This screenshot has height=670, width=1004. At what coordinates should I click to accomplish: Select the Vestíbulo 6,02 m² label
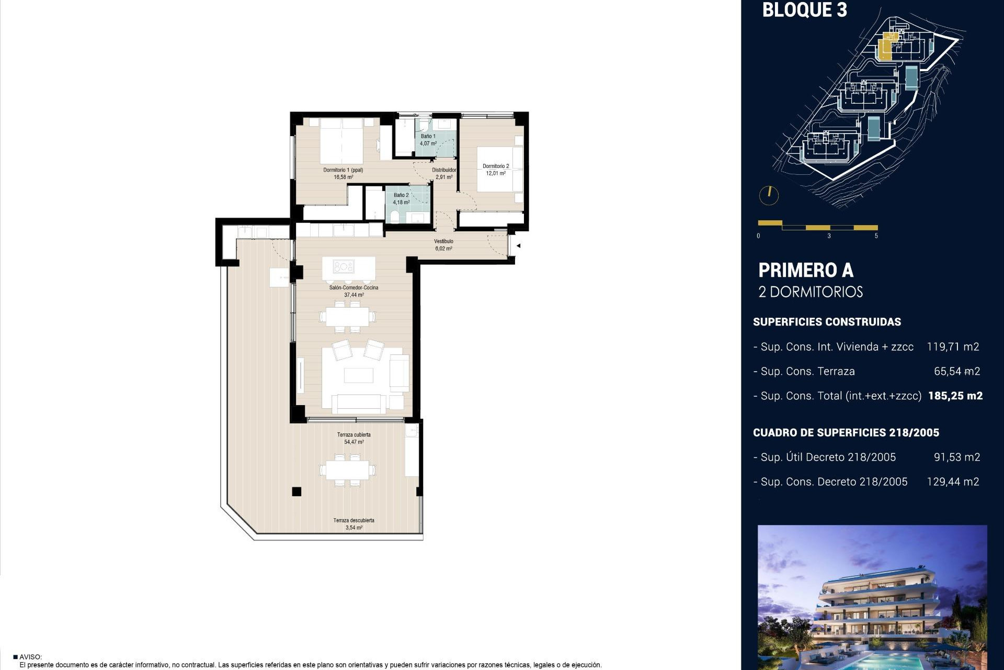click(443, 245)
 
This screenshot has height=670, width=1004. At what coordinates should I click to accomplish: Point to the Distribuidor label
click(443, 170)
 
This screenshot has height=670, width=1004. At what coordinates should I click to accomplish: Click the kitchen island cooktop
click(344, 267)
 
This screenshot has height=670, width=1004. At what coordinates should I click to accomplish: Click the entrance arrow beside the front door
click(518, 245)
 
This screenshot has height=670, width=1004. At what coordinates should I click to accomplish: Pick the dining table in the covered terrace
click(347, 470)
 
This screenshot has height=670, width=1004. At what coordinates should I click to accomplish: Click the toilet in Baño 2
click(395, 218)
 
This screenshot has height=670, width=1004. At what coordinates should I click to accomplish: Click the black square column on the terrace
click(296, 491)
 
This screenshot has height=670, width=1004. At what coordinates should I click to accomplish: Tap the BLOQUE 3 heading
click(804, 10)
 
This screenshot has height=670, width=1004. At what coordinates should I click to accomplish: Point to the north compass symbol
click(769, 195)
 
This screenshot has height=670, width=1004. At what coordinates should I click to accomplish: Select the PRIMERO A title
click(805, 271)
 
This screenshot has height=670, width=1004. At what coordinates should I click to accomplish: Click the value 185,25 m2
click(955, 396)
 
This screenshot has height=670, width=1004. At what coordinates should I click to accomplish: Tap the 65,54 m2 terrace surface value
click(956, 371)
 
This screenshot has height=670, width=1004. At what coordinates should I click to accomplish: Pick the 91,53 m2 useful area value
click(956, 457)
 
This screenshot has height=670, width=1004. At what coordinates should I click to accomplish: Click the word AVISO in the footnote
click(30, 657)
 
